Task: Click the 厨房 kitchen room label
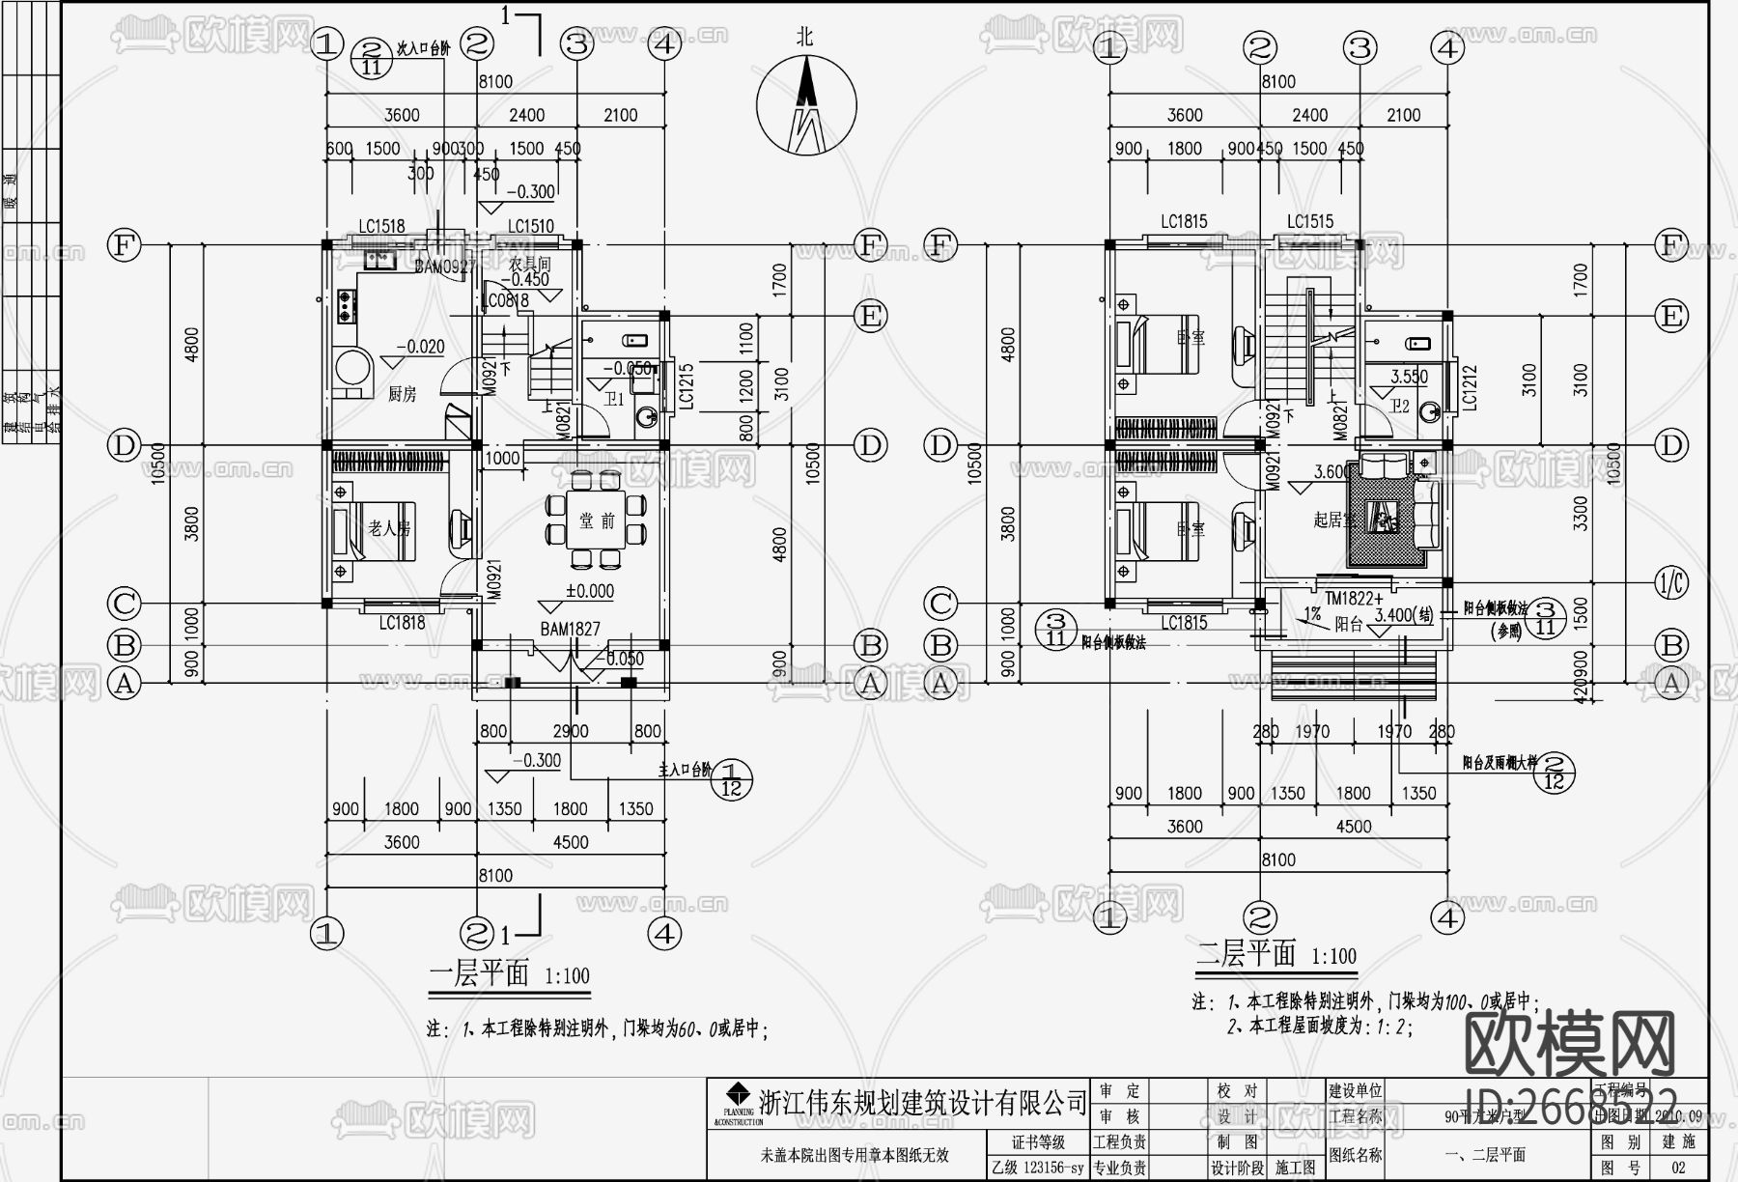coord(402,394)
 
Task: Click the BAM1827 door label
coord(570,629)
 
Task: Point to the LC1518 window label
coord(381,227)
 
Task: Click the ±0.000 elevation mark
coord(589,591)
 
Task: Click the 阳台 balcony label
coord(1348,625)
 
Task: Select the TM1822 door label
coord(1354,599)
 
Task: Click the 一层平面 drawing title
coord(479,972)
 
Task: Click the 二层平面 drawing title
coord(1246,954)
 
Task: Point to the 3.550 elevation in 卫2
coord(1409,378)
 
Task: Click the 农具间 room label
coord(529,263)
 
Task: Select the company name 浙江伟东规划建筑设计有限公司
coord(922,1102)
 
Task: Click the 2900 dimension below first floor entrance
coord(570,731)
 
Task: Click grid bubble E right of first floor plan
coord(870,316)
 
